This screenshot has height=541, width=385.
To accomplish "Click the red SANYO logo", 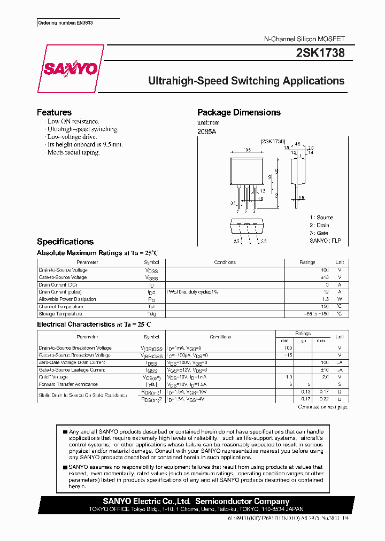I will [71, 69].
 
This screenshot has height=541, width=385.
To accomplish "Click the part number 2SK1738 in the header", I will [320, 53].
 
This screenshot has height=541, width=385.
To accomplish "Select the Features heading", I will [54, 112].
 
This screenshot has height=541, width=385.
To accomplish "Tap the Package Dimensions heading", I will [238, 112].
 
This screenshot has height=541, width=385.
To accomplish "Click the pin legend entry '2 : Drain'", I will [319, 226].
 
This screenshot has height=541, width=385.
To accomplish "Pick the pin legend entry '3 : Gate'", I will [319, 233].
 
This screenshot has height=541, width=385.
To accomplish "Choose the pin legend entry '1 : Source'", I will [321, 218].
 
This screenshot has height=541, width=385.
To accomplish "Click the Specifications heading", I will [65, 242].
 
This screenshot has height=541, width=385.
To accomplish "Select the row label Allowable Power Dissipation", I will [67, 299].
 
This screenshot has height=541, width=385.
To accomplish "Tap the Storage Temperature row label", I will [60, 314].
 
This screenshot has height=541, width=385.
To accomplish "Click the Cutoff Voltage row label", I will [53, 377].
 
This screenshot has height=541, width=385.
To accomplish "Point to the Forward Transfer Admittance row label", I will [68, 384].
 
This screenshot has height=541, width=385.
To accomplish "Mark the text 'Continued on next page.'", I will [323, 407].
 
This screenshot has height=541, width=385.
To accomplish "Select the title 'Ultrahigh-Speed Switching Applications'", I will [246, 81].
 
